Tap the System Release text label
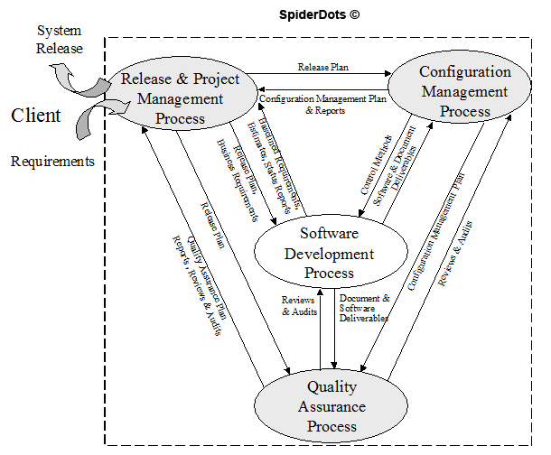pos(58,39)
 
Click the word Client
pos(36,115)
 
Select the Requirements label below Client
pos(52,162)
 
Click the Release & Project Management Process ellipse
pos(181,97)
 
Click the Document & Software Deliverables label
pos(364,307)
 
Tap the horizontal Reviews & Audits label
pos(298,304)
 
